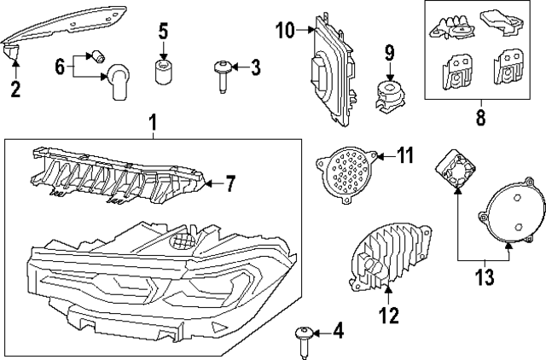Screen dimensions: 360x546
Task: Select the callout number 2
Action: [15, 88]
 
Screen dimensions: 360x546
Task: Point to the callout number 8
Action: [479, 116]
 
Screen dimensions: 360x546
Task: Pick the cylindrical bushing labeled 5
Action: [163, 70]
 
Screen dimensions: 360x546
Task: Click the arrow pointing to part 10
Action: [306, 32]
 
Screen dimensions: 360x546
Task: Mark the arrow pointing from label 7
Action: [213, 183]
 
